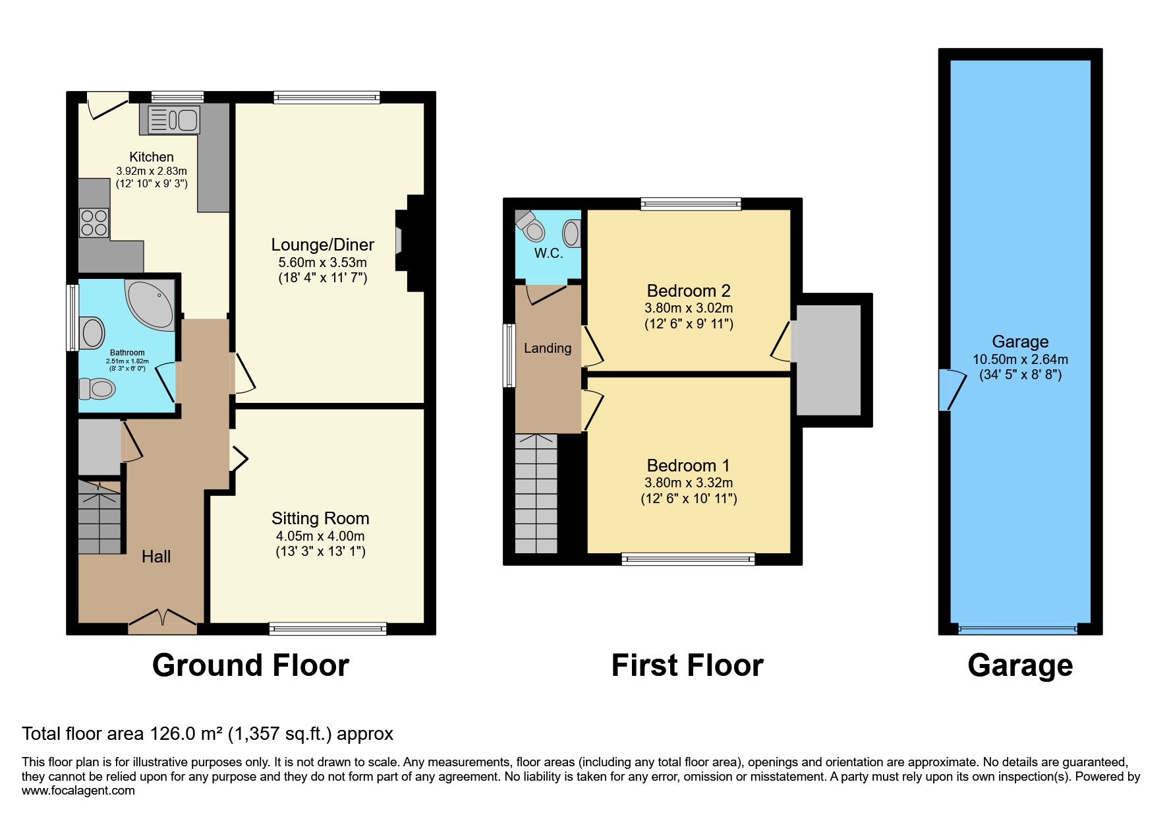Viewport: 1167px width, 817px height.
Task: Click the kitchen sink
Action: (174, 120)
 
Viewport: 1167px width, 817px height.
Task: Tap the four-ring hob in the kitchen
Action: (94, 222)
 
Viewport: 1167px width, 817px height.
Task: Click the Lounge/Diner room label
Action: (322, 245)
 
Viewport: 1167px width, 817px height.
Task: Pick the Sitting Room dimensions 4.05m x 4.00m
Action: (320, 536)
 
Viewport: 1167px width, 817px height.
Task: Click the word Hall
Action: (156, 557)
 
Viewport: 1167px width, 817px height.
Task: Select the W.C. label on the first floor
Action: (548, 254)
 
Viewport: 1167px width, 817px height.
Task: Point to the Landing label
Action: (548, 348)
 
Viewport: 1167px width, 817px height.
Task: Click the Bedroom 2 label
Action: (689, 291)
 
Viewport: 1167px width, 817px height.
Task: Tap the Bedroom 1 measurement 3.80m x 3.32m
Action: (689, 483)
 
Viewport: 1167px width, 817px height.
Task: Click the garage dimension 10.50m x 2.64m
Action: (1020, 359)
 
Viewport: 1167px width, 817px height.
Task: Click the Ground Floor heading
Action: (250, 665)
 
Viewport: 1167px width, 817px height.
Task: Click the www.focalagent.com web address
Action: (78, 791)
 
